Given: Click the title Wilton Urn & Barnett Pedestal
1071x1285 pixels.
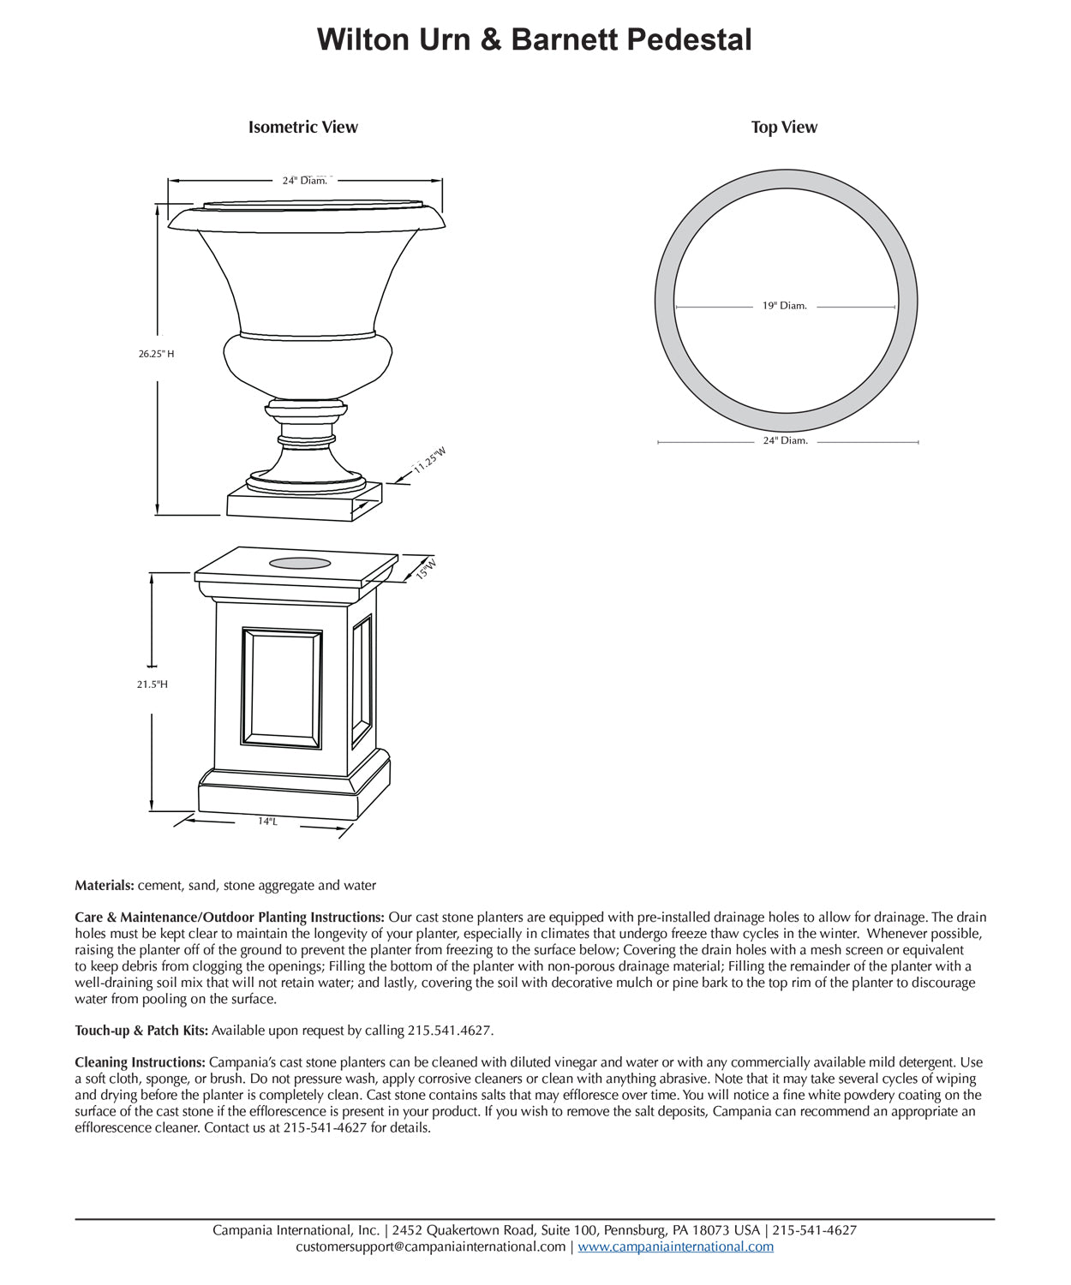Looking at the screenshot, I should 535,39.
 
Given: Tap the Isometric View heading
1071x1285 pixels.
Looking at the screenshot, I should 302,127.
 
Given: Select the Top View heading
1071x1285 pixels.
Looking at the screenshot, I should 784,127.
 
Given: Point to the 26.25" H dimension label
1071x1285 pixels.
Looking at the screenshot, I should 157,354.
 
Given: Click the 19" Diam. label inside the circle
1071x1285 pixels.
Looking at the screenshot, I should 785,306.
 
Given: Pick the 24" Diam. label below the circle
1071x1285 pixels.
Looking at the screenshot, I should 786,440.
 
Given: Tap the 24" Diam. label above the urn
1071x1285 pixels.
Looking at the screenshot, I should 305,181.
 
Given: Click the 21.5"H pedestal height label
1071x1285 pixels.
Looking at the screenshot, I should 153,684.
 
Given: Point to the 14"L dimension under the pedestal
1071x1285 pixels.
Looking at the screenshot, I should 267,822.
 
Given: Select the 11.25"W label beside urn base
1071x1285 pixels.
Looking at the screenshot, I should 430,460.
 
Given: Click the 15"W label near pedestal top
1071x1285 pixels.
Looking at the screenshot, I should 426,569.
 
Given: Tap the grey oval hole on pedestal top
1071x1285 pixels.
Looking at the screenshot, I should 300,563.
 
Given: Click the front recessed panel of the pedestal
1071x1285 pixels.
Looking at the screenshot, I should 282,687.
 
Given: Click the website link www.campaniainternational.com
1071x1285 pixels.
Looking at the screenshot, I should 675,1246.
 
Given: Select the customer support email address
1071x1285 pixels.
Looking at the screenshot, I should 430,1246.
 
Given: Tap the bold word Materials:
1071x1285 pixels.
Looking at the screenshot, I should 105,885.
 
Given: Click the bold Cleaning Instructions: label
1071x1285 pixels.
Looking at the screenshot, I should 140,1062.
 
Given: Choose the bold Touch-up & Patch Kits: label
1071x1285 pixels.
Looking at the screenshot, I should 141,1030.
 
